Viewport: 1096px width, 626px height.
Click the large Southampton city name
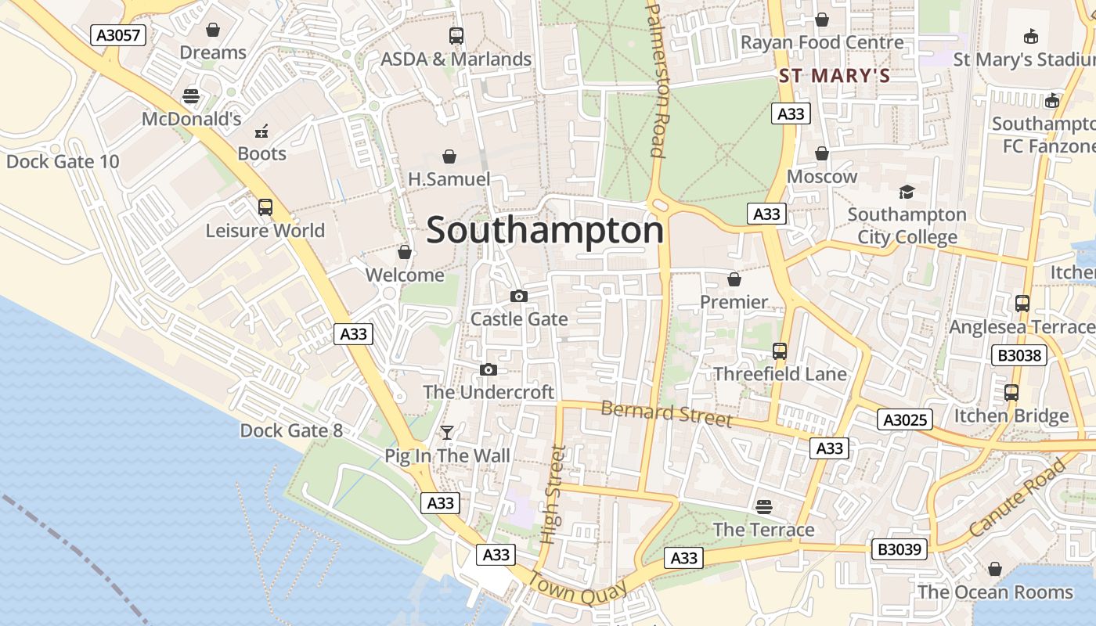click(545, 231)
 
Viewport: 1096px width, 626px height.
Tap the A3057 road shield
click(118, 35)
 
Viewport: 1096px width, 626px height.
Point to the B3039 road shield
click(900, 549)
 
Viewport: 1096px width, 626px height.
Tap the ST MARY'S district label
click(835, 76)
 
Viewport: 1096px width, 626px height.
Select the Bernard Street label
click(666, 413)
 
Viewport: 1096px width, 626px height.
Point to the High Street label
click(553, 495)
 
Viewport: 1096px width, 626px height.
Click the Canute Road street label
click(1018, 498)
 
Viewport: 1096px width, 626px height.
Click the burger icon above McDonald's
click(191, 97)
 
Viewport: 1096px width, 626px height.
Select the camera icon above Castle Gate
click(518, 296)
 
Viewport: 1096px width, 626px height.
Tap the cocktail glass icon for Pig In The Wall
click(447, 433)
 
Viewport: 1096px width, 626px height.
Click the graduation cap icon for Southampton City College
click(907, 192)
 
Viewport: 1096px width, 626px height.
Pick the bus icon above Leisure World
click(265, 207)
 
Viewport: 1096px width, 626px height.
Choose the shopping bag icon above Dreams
click(213, 30)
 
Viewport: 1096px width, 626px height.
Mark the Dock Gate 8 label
click(291, 430)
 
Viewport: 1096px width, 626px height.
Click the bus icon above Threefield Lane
click(780, 351)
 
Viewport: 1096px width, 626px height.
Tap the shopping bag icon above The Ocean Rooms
click(995, 569)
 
